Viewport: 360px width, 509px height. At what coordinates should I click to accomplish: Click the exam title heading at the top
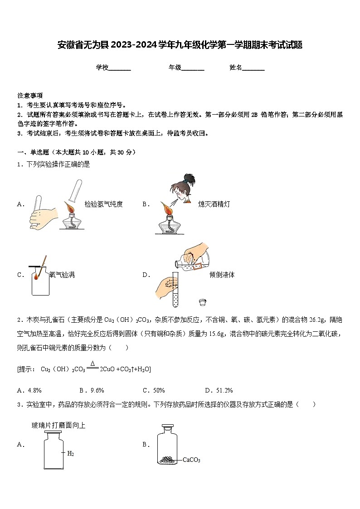pos(180,45)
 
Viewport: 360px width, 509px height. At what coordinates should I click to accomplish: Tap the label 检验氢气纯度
pos(103,204)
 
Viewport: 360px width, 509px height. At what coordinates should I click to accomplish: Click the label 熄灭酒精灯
pos(214,204)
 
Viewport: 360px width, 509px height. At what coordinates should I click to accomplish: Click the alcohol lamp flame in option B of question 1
pos(166,210)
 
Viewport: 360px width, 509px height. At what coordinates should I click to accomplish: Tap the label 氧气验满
pos(62,275)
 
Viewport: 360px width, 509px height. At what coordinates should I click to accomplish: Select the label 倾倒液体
pos(222,275)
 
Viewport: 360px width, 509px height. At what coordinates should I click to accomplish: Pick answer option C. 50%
pos(154,390)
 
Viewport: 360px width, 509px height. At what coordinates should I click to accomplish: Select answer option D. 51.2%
pos(219,390)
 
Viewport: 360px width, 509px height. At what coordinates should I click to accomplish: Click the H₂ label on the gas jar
pos(70,453)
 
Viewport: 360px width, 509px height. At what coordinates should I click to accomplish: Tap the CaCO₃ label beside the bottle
pos(191,460)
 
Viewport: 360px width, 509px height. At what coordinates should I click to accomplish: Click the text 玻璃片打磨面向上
pos(58,425)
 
